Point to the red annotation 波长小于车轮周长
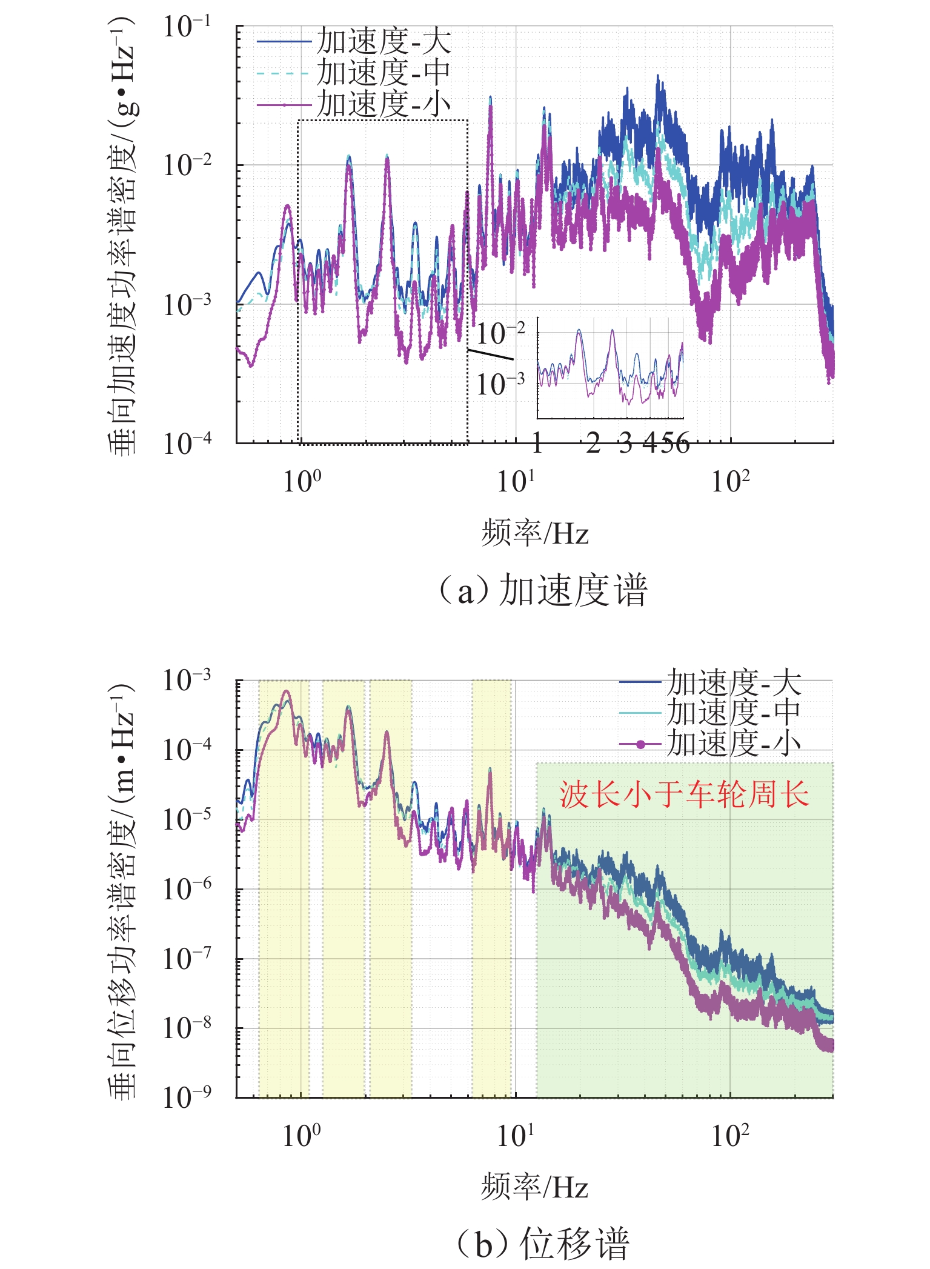(684, 794)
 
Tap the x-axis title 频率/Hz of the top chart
(534, 534)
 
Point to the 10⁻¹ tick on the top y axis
(187, 27)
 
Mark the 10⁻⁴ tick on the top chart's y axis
(187, 444)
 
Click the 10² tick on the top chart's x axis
(730, 482)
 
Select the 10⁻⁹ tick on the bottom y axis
(187, 1097)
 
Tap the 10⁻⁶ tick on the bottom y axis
(187, 889)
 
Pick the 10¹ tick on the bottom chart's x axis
(516, 1135)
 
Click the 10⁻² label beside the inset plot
(500, 334)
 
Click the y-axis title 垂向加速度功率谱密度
(121, 236)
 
